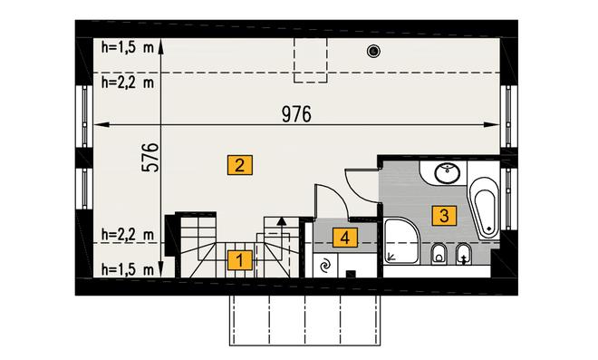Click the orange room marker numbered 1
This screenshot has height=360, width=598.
pyautogui.click(x=240, y=260)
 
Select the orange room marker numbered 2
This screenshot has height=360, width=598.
pyautogui.click(x=240, y=165)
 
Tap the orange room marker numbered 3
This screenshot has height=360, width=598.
pyautogui.click(x=444, y=215)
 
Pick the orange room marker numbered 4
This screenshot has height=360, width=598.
pyautogui.click(x=345, y=238)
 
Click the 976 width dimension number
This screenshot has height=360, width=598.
pyautogui.click(x=296, y=114)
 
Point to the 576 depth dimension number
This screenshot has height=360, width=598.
pyautogui.click(x=150, y=157)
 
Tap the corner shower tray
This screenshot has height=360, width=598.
pyautogui.click(x=401, y=240)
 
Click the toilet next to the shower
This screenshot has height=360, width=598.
pyautogui.click(x=439, y=254)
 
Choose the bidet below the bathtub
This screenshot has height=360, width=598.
pyautogui.click(x=464, y=254)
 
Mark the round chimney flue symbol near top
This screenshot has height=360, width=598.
pyautogui.click(x=373, y=51)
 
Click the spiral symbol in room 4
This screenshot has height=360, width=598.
pyautogui.click(x=325, y=266)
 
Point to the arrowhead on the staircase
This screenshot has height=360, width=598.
pyautogui.click(x=282, y=220)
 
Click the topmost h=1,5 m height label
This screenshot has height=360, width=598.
pyautogui.click(x=128, y=47)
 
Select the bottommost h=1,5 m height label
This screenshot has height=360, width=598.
pyautogui.click(x=128, y=269)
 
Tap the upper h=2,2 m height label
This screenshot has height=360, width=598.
pyautogui.click(x=128, y=82)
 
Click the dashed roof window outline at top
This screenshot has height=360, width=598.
pyautogui.click(x=311, y=60)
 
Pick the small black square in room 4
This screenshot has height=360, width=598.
pyautogui.click(x=351, y=274)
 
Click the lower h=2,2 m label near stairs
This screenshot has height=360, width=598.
pyautogui.click(x=128, y=234)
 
